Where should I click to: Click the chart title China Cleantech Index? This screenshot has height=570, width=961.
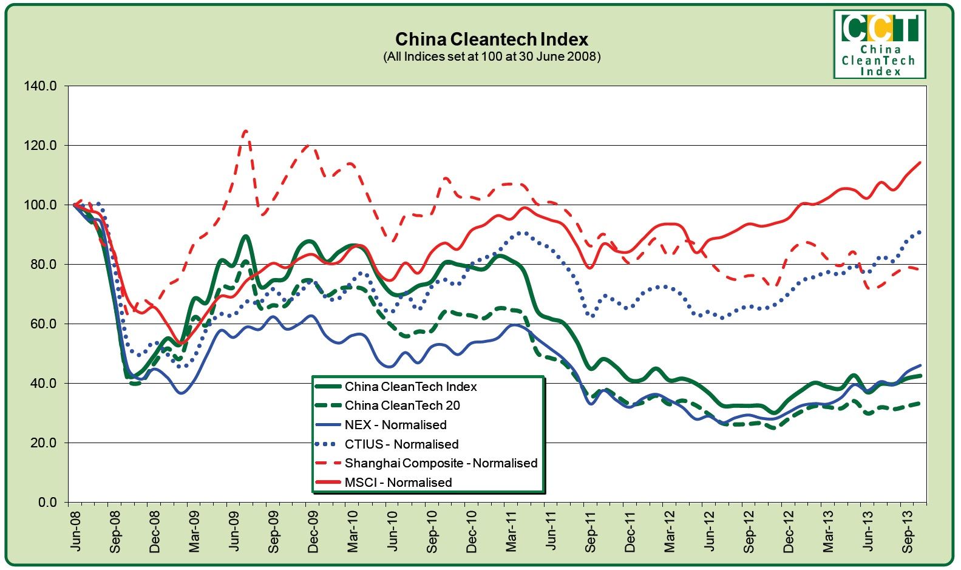[491, 39]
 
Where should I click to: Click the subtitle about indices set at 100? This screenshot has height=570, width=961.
[491, 57]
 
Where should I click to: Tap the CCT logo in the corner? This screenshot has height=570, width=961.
[879, 44]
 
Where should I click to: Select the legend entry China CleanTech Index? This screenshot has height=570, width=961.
[410, 387]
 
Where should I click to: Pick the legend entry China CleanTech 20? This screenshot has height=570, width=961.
[402, 405]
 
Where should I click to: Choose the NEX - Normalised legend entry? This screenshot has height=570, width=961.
[395, 425]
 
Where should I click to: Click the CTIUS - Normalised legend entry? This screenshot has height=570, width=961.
[401, 444]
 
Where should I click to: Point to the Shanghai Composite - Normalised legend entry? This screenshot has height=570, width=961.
[441, 463]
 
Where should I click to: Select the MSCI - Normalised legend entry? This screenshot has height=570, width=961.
[398, 483]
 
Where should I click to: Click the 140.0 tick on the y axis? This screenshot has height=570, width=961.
[40, 86]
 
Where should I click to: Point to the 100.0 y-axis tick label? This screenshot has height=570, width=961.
[40, 205]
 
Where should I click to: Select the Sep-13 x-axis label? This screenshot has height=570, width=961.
[908, 531]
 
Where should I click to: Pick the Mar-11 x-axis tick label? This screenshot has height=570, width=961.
[511, 531]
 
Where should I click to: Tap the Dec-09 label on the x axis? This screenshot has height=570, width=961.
[313, 531]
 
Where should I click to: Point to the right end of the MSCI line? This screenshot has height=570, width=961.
[920, 162]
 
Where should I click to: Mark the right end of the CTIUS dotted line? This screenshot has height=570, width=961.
[920, 231]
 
